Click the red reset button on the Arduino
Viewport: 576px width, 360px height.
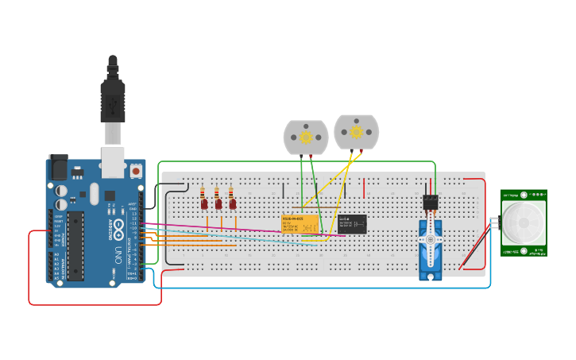click(x=136, y=170)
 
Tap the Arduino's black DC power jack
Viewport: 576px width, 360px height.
click(x=58, y=167)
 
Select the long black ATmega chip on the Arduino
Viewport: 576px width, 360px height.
click(x=75, y=246)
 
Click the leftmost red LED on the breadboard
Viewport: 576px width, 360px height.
click(x=204, y=204)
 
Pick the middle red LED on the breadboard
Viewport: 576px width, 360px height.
click(x=218, y=204)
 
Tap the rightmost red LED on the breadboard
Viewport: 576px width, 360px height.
click(x=233, y=204)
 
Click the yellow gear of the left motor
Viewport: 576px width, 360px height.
click(x=306, y=137)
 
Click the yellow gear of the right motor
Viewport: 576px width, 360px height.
click(x=356, y=131)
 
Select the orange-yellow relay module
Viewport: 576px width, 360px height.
click(x=300, y=224)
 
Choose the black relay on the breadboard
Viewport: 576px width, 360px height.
click(x=352, y=223)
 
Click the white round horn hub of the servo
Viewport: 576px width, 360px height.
click(x=431, y=239)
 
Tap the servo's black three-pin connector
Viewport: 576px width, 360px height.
click(x=431, y=203)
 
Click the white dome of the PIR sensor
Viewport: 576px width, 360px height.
click(x=523, y=223)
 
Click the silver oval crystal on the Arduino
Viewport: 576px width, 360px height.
click(x=94, y=193)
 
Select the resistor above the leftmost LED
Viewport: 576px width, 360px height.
click(x=203, y=193)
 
